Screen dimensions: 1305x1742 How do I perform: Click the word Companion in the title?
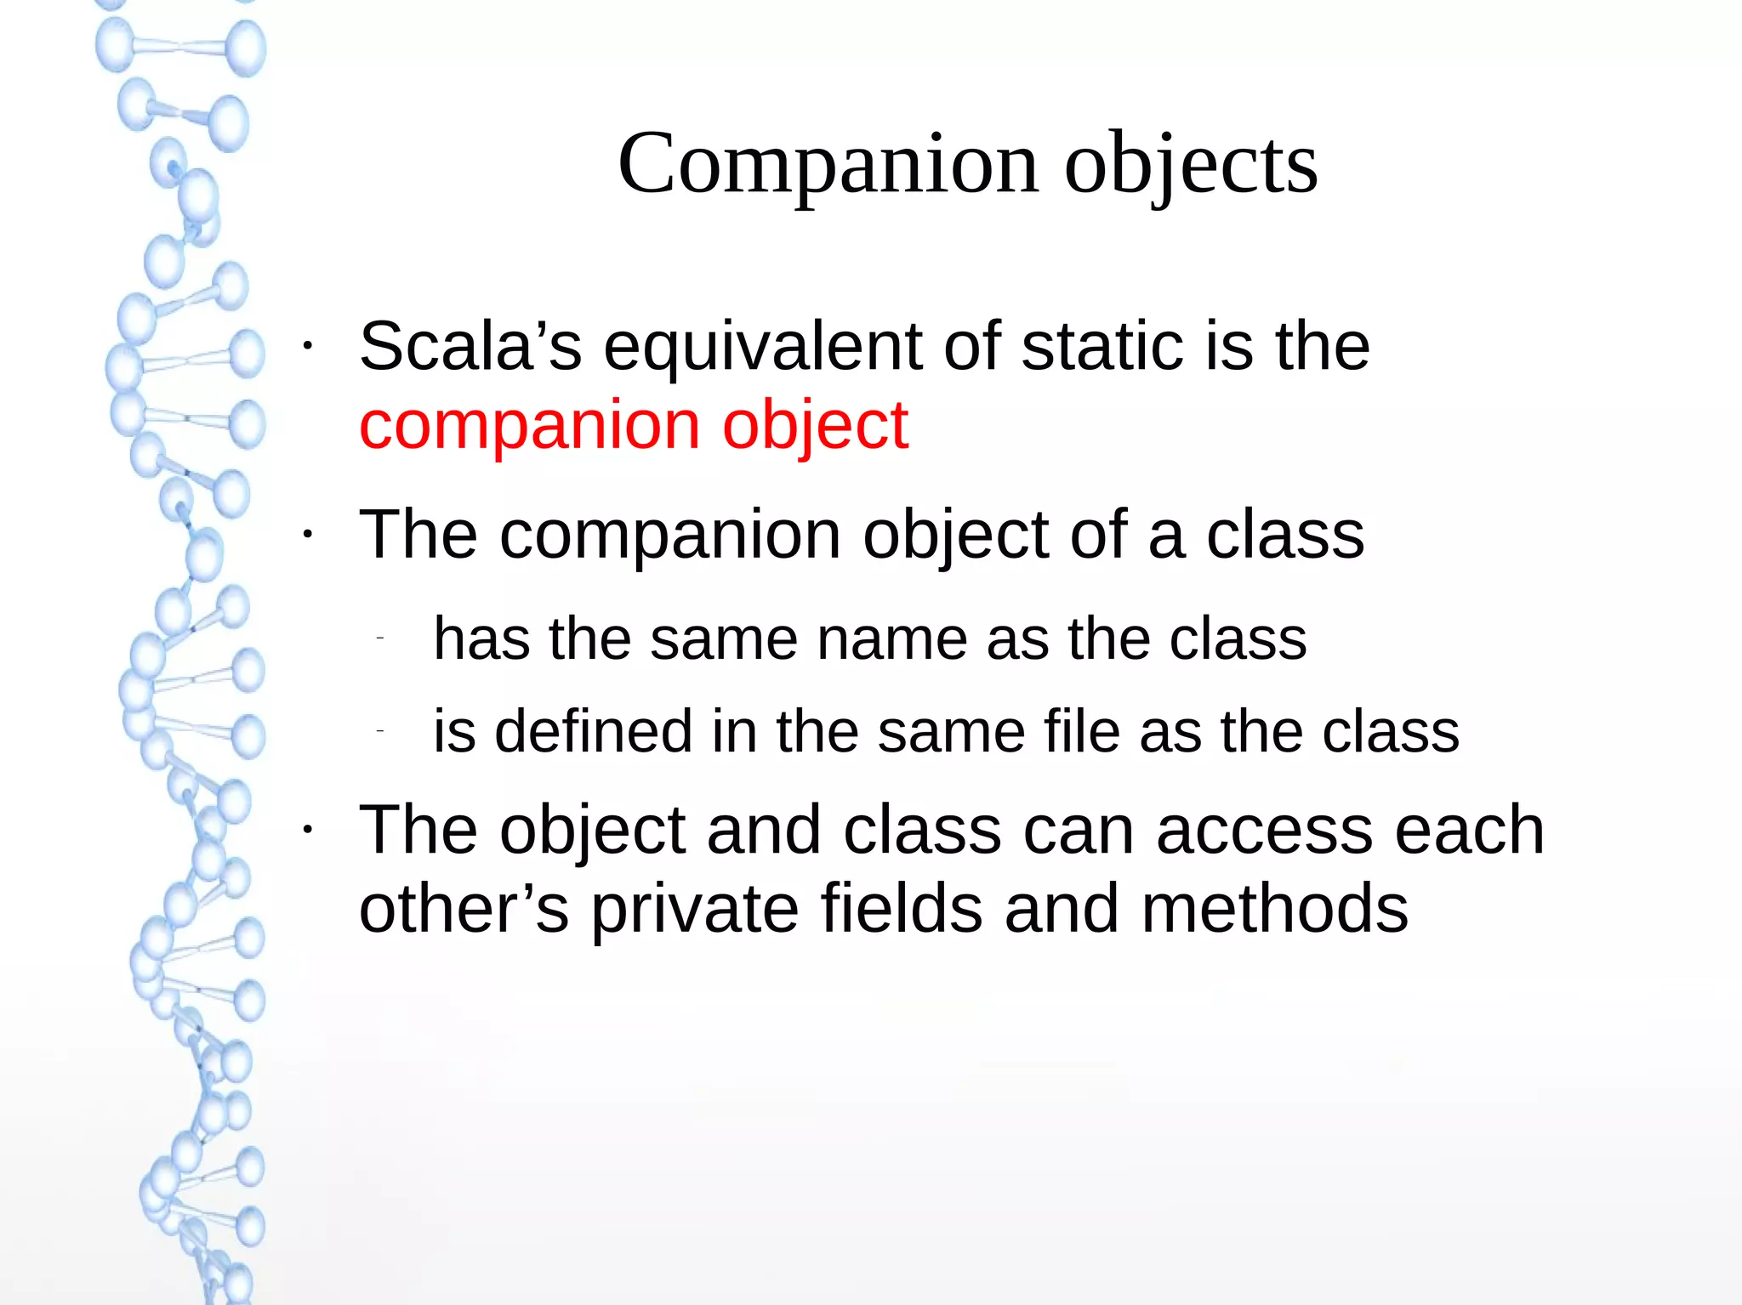pos(828,163)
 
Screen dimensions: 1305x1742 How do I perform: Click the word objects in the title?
pos(1191,163)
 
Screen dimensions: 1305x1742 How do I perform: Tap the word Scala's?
pos(470,346)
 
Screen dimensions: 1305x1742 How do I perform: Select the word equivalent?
pos(762,346)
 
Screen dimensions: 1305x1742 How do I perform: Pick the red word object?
pos(815,425)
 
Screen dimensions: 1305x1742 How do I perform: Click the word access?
pos(1264,830)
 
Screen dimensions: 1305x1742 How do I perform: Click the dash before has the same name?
pos(381,638)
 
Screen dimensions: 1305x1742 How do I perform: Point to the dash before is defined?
pos(381,731)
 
